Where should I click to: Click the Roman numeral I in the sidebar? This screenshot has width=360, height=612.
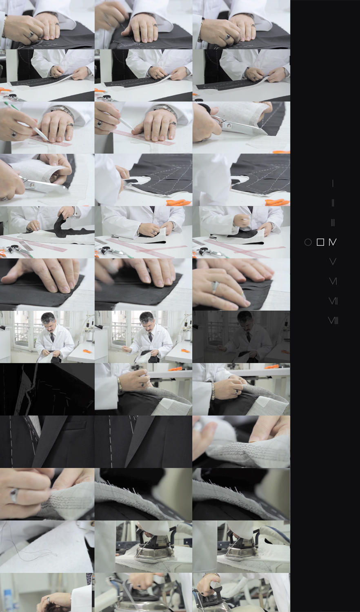[x=333, y=183]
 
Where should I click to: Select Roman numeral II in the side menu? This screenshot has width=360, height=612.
[x=333, y=203]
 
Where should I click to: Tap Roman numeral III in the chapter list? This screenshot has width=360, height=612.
[x=333, y=223]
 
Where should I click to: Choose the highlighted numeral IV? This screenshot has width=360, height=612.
[x=332, y=242]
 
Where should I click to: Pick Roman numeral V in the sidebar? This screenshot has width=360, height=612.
[x=333, y=262]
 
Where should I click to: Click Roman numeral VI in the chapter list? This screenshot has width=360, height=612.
[x=333, y=282]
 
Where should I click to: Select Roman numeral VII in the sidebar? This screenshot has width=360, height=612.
[x=333, y=301]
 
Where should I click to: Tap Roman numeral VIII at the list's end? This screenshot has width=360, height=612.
[x=333, y=320]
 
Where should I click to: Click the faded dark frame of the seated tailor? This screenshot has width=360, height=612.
[x=241, y=337]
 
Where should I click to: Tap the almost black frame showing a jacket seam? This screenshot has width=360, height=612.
[x=47, y=389]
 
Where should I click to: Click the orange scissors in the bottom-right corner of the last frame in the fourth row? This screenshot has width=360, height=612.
[x=278, y=202]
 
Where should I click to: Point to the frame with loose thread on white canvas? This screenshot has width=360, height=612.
[x=47, y=546]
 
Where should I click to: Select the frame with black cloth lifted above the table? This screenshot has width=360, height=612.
[x=47, y=232]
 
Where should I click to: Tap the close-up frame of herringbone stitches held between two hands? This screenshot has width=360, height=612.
[x=241, y=441]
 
